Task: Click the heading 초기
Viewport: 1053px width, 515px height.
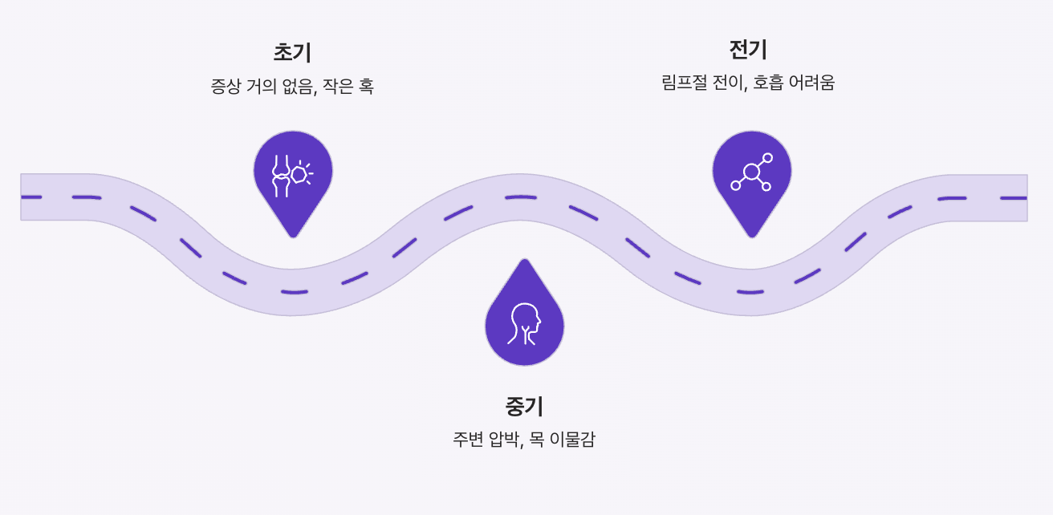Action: point(292,53)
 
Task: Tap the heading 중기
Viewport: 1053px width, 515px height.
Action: point(524,406)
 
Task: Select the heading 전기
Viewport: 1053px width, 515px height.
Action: point(748,50)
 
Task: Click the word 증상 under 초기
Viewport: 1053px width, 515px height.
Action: point(225,87)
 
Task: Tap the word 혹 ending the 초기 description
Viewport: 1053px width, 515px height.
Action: point(366,87)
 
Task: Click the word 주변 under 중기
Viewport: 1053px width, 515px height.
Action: point(469,440)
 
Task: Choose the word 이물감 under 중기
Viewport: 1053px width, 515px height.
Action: point(573,440)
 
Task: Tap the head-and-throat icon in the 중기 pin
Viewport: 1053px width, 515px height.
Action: point(525,322)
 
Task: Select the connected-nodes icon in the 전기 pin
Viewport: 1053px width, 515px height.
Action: point(751,172)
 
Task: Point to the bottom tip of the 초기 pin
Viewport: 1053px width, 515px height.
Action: point(293,237)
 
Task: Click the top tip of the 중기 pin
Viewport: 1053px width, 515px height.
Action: point(525,260)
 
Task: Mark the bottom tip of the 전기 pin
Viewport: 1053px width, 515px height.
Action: point(752,237)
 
